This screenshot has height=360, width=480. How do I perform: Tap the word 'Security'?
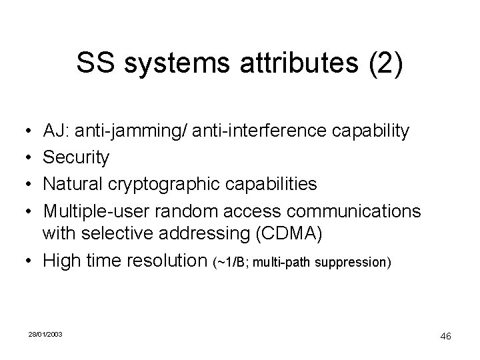[75, 157]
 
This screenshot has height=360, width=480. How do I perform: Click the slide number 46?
[445, 337]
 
